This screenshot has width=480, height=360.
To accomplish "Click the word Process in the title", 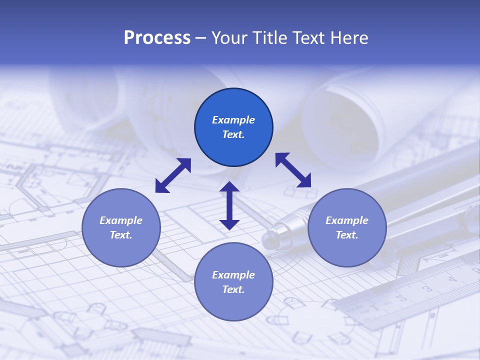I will tap(157, 38).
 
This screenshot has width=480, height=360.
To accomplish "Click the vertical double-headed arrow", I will tap(229, 206).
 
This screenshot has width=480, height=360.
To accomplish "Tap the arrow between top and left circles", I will tap(173, 175).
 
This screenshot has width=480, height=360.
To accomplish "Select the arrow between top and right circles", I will tap(293, 170).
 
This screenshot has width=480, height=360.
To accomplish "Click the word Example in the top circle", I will tap(233, 120).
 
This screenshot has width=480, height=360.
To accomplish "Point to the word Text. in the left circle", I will tap(121, 235).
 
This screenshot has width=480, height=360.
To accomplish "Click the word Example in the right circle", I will tap(347, 220).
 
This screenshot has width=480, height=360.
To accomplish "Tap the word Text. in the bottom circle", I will tap(233, 289).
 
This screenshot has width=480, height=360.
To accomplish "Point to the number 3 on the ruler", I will tap(428, 289).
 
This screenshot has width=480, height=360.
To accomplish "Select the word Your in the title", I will tap(227, 38).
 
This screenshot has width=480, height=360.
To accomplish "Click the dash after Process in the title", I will tap(200, 38).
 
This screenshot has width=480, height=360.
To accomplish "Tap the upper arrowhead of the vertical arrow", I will tap(229, 187).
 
